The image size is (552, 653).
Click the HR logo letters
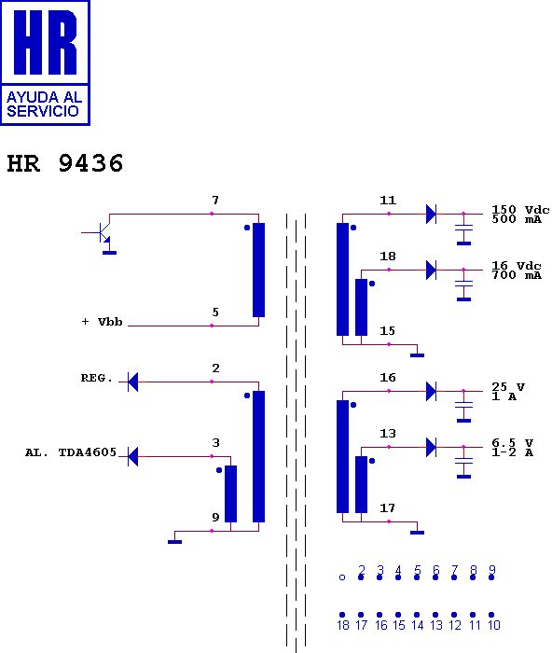click(x=46, y=42)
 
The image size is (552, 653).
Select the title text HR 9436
click(x=65, y=163)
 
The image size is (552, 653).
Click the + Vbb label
click(x=102, y=322)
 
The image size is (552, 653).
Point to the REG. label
click(x=97, y=378)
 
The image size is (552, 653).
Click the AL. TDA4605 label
click(x=71, y=452)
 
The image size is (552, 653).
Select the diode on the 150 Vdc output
click(x=432, y=214)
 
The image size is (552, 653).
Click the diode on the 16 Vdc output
click(x=432, y=270)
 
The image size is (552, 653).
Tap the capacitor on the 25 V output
click(x=463, y=405)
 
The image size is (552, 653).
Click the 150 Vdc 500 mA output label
click(x=520, y=214)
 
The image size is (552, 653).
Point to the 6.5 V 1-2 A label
click(x=513, y=447)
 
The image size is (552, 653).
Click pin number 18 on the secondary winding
click(x=388, y=257)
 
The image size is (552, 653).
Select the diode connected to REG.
click(x=132, y=382)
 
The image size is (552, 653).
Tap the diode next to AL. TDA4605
click(x=132, y=456)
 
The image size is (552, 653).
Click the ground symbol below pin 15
click(x=417, y=355)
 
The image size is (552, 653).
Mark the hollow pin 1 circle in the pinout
click(x=342, y=577)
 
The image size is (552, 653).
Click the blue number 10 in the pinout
click(x=493, y=625)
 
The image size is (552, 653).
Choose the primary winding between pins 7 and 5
click(x=258, y=270)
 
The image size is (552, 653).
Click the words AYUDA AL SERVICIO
click(x=44, y=104)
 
